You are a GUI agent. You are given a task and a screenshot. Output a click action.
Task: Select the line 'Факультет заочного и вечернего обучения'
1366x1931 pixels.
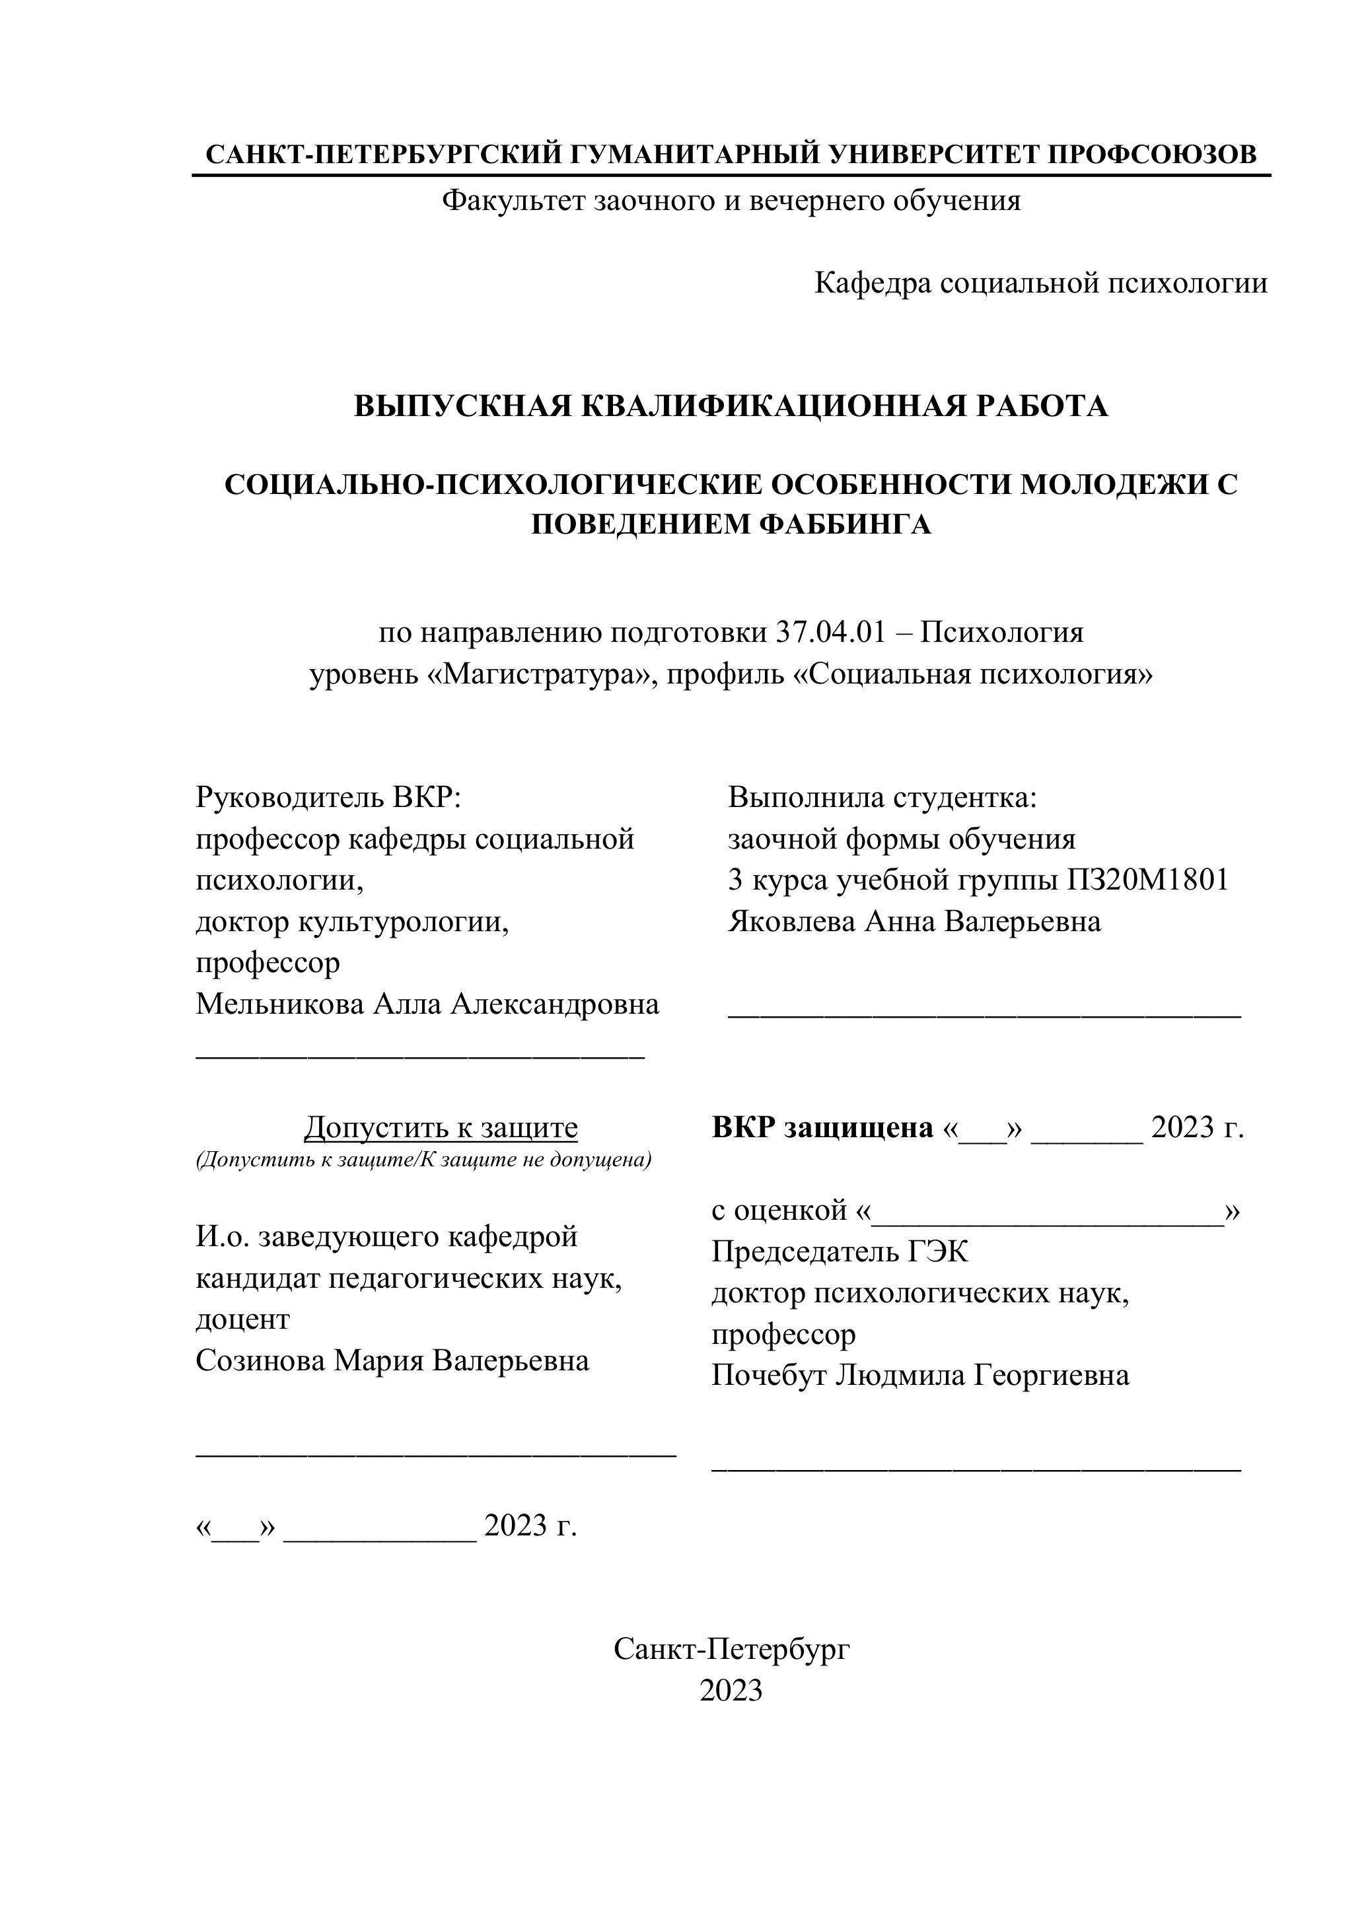[731, 201]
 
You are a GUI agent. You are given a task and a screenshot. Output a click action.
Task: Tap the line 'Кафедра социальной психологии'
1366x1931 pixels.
[1040, 283]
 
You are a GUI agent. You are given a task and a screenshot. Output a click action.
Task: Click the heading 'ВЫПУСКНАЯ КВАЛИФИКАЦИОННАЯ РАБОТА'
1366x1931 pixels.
[731, 406]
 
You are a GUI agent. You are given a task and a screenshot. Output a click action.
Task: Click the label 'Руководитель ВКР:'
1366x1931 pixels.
[329, 796]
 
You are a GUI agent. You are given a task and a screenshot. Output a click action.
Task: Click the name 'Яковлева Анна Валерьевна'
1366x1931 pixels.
[914, 921]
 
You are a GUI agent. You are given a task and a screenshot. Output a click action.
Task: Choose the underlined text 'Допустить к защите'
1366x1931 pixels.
[441, 1127]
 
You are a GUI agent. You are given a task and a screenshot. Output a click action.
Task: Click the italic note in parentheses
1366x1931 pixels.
[424, 1160]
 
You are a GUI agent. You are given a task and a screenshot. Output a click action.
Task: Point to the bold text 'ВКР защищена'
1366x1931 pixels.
[822, 1127]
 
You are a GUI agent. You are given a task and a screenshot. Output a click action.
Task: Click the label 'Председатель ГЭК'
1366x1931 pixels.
[840, 1251]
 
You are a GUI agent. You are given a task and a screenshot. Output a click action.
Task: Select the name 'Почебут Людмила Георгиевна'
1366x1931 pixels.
[920, 1375]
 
